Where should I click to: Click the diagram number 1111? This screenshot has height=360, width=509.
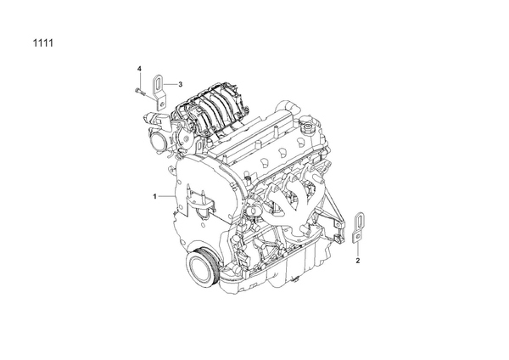pyautogui.click(x=43, y=43)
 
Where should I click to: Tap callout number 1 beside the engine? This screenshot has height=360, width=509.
pyautogui.click(x=155, y=196)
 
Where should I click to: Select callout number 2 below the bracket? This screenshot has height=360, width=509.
pyautogui.click(x=358, y=261)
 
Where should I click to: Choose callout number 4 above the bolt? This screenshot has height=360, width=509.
pyautogui.click(x=139, y=69)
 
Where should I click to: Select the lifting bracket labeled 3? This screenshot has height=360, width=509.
pyautogui.click(x=159, y=92)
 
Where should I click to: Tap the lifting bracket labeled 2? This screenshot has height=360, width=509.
pyautogui.click(x=358, y=228)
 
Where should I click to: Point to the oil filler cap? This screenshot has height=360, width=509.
pyautogui.click(x=306, y=128)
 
